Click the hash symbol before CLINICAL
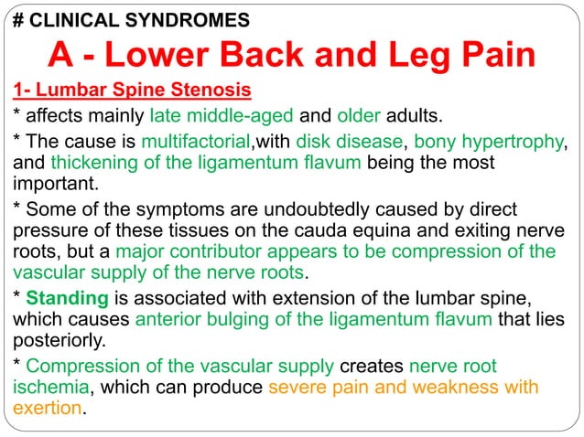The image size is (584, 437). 17,18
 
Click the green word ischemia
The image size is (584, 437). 50,387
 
